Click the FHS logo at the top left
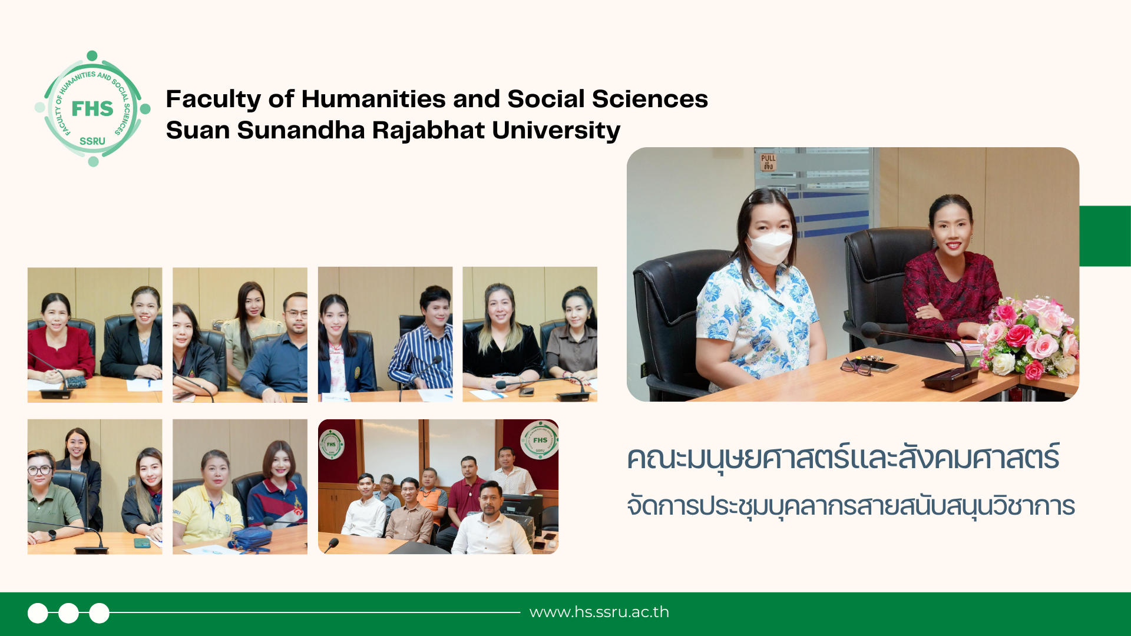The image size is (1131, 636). click(92, 109)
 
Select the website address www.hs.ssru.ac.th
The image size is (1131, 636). click(599, 612)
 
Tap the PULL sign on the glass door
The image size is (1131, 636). click(768, 162)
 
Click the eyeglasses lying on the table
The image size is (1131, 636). click(856, 367)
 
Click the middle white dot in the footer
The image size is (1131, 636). click(68, 613)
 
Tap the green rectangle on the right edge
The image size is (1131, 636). click(1105, 236)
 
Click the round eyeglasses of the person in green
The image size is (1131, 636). click(39, 471)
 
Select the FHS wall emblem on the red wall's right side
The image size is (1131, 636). click(539, 440)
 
